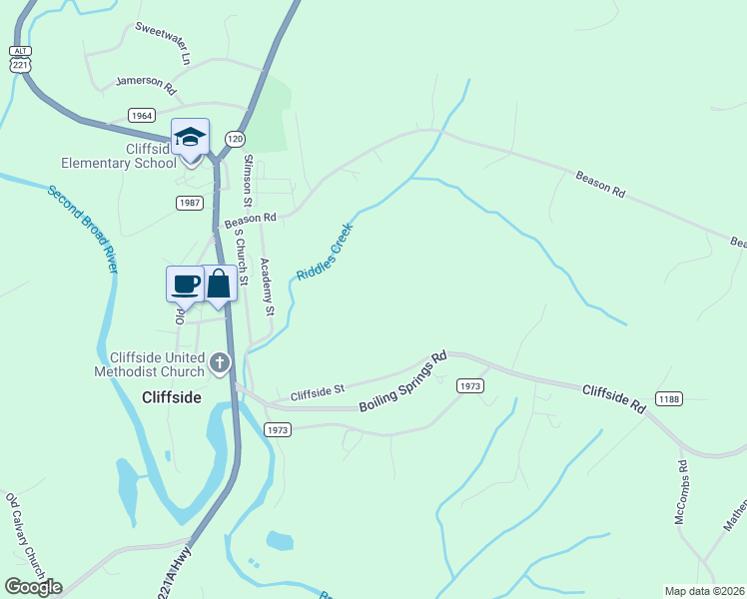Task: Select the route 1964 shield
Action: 141,116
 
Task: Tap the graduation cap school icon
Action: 190,138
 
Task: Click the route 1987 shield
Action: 190,203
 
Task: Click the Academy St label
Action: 267,288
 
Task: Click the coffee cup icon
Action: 185,284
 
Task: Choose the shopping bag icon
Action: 219,284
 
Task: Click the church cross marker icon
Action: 220,362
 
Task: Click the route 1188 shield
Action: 669,399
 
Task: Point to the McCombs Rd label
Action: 681,493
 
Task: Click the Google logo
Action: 33,587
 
